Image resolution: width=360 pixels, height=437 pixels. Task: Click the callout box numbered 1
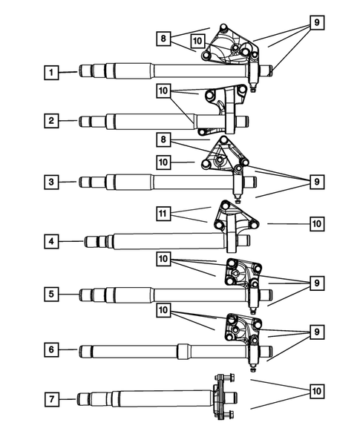tap(50, 72)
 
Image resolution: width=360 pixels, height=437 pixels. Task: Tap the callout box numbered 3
tap(50, 181)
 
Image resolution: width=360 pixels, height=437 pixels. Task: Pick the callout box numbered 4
tap(50, 241)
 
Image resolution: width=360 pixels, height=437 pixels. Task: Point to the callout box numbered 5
tap(50, 294)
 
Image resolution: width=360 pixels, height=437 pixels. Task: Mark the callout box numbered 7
tap(50, 400)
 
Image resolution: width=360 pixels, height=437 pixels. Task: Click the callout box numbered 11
tap(166, 213)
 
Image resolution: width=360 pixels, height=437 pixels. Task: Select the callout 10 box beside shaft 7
tap(316, 390)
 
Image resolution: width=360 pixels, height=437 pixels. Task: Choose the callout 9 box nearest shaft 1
tap(316, 23)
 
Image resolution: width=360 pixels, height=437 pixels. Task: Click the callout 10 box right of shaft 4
tap(316, 223)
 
